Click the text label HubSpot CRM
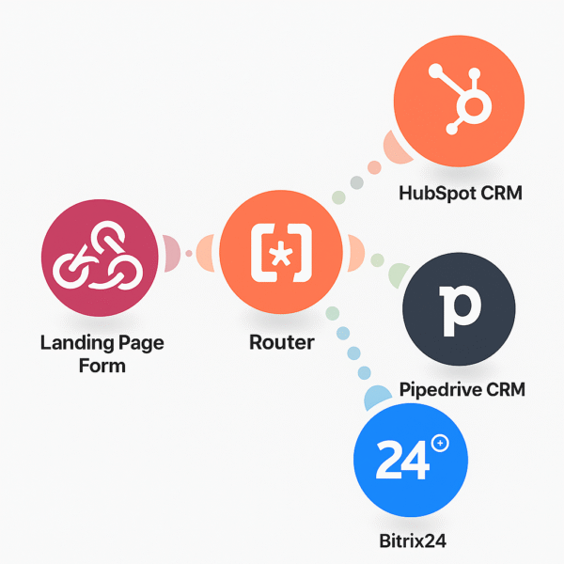[460, 194]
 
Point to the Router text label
[282, 342]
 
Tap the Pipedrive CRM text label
[462, 389]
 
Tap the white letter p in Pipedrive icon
[458, 307]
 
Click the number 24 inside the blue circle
[401, 461]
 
